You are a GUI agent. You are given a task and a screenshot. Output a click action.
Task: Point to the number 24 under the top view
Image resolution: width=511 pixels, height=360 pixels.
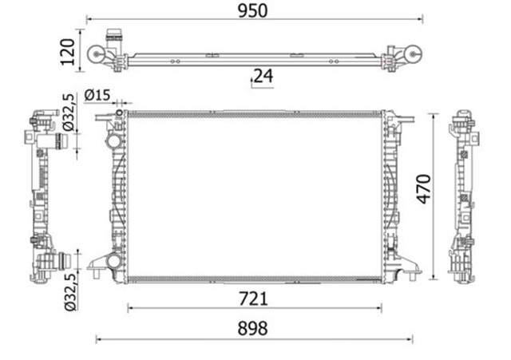pos(263,77)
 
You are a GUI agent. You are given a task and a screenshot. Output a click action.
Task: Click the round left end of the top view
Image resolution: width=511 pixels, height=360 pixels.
pos(97,55)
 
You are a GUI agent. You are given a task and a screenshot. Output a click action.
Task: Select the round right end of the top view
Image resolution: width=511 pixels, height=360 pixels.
pos(414,54)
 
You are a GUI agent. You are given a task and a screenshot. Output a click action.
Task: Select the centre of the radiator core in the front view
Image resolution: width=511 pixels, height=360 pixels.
pos(254,196)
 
